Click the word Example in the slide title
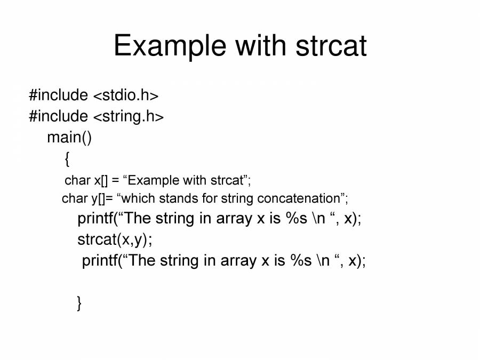click(170, 46)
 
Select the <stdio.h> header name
click(126, 95)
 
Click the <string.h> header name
click(128, 117)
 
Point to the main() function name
click(69, 138)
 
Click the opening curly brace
click(67, 159)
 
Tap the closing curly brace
click(79, 303)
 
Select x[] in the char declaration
click(101, 180)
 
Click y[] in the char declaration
click(98, 199)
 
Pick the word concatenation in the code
click(299, 198)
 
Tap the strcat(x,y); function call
click(115, 239)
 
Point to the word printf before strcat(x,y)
click(95, 219)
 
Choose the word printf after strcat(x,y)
click(100, 261)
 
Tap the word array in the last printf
click(238, 261)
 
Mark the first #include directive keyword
click(59, 95)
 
